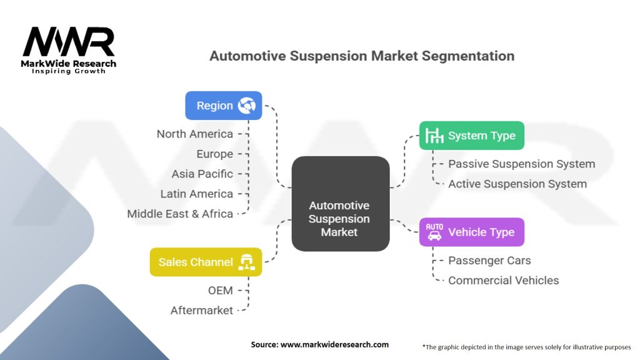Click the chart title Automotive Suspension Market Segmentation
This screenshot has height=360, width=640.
[362, 56]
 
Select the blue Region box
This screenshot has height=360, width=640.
[223, 106]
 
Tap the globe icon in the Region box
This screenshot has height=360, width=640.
[247, 106]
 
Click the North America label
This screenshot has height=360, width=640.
[194, 134]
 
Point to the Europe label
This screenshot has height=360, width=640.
[214, 154]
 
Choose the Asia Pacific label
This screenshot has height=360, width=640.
[202, 174]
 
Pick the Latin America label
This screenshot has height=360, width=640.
[196, 194]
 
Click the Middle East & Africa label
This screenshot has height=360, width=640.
[180, 214]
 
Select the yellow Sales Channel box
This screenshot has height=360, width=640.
[206, 262]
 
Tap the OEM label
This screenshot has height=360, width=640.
[220, 290]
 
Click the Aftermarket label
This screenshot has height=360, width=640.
[201, 310]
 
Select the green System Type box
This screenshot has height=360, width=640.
[471, 136]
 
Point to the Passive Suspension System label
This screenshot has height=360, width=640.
[521, 164]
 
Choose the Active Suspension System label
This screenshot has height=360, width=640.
[517, 184]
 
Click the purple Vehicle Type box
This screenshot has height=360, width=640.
[471, 232]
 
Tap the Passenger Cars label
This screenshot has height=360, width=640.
[489, 260]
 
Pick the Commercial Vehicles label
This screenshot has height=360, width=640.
[503, 280]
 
